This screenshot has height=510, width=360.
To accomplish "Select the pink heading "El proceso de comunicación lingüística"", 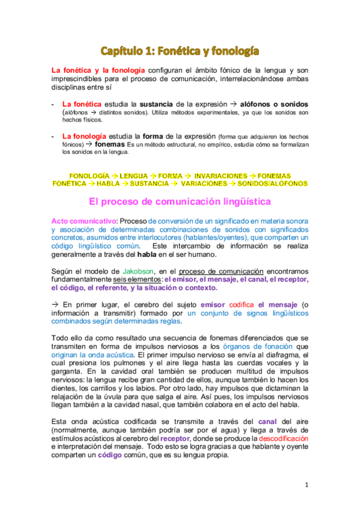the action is coord(180,201).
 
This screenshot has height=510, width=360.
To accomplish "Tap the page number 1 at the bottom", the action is coord(307,484).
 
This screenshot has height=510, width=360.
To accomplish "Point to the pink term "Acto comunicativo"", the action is coord(77,221).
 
